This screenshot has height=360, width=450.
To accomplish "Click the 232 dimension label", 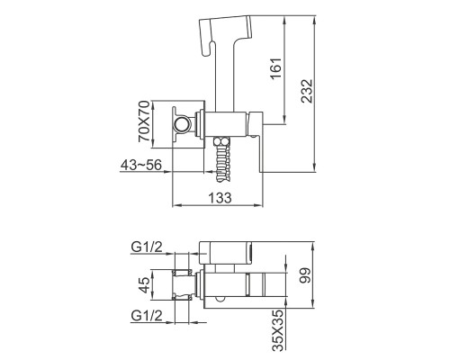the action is (307, 91).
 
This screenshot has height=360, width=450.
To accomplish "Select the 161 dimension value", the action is (276, 68).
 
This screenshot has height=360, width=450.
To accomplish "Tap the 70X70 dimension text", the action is (144, 121).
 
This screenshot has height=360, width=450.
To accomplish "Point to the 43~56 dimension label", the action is (141, 165).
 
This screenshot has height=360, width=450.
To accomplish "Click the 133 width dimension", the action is (220, 198).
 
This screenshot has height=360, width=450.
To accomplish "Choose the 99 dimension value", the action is (306, 275).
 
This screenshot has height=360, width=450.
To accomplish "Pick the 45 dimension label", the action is (144, 285).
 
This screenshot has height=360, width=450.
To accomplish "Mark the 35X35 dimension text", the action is (278, 330).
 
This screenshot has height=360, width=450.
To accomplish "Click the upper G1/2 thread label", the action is (147, 247).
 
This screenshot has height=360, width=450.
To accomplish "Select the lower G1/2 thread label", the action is (147, 316).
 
